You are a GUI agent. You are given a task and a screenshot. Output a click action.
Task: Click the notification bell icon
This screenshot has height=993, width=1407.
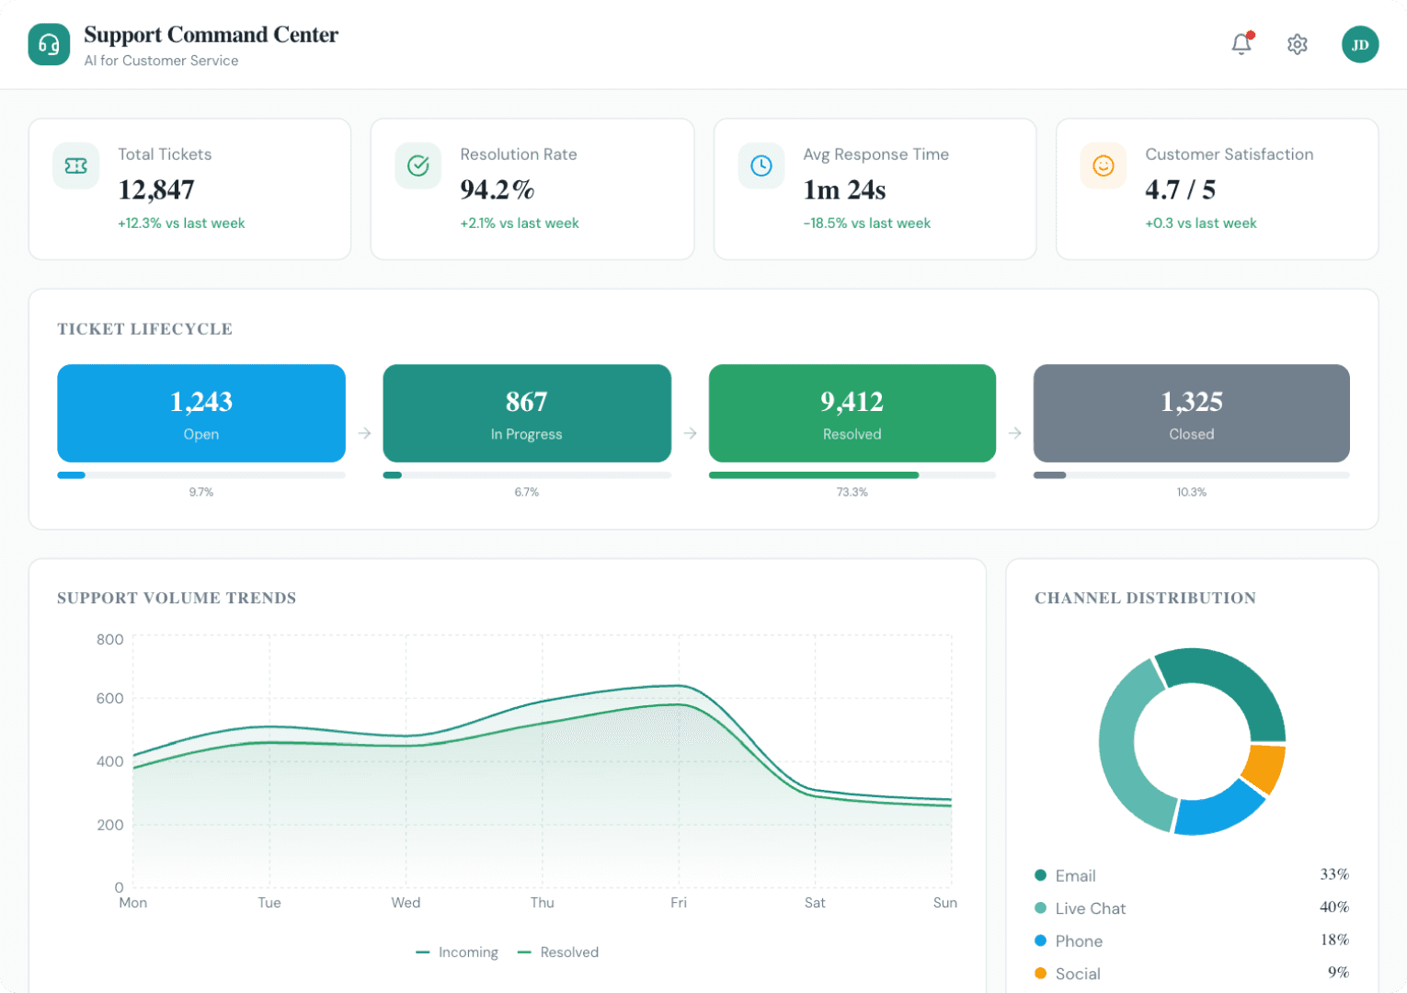1241,43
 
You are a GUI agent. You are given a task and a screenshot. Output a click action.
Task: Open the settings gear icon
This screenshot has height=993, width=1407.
1297,44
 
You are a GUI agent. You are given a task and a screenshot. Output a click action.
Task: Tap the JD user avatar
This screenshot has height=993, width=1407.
1360,44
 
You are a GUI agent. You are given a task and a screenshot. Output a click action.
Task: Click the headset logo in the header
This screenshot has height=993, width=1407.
49,44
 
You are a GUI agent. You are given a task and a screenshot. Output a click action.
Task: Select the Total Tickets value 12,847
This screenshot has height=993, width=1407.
156,189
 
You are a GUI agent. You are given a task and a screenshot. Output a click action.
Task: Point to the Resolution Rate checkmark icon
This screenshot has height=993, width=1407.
418,165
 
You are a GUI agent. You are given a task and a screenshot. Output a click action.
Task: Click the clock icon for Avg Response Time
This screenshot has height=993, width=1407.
761,165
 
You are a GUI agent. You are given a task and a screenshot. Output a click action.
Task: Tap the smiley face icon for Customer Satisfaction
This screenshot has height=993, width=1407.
1103,165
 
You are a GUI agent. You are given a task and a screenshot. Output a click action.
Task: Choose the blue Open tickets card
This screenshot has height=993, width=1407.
201,413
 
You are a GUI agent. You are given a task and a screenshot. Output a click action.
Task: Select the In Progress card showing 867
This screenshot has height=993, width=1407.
527,413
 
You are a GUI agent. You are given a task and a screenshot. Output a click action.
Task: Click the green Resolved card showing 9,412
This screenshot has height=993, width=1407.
852,413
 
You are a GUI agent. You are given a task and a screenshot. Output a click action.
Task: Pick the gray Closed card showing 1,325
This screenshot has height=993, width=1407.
1191,413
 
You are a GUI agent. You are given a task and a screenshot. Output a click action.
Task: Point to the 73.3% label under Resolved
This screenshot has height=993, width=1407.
852,492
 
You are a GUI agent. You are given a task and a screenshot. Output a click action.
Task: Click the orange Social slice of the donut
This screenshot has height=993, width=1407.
1264,768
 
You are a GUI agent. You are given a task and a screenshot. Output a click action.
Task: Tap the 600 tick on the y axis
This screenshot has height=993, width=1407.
109,699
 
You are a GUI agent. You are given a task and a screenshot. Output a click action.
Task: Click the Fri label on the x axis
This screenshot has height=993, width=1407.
679,903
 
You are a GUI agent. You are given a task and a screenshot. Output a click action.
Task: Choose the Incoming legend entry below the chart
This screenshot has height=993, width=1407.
458,953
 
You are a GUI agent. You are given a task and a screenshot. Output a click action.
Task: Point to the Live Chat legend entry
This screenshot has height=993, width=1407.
1090,908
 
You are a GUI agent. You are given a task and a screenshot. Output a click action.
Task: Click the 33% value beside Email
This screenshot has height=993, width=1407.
1333,874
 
